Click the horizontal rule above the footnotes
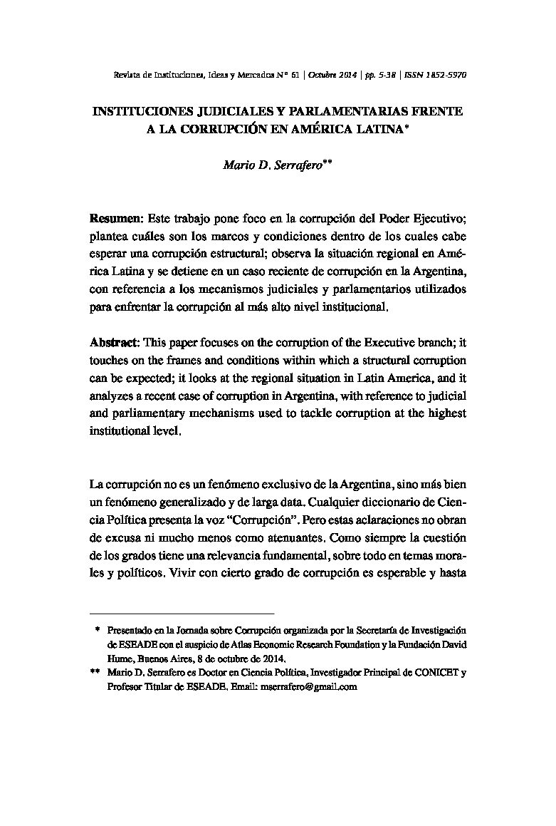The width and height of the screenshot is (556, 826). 182,613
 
